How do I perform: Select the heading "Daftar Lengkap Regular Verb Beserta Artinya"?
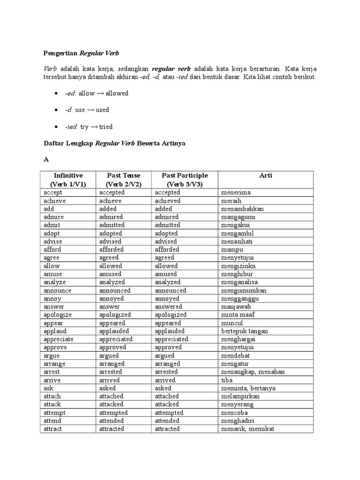(114, 143)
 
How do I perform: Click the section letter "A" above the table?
(46, 159)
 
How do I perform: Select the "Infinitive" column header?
(68, 175)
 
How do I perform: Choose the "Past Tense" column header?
(124, 175)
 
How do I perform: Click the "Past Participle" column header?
(184, 175)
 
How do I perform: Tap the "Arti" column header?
(265, 175)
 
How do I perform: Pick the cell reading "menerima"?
(236, 192)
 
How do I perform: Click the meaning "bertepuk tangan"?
(245, 331)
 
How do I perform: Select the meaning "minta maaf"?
(238, 315)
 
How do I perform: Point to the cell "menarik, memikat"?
(247, 429)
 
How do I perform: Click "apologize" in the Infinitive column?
(58, 315)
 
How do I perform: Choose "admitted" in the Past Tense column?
(115, 225)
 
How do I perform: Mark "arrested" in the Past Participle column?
(167, 372)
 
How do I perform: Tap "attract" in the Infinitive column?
(53, 429)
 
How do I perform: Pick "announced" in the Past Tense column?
(115, 290)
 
